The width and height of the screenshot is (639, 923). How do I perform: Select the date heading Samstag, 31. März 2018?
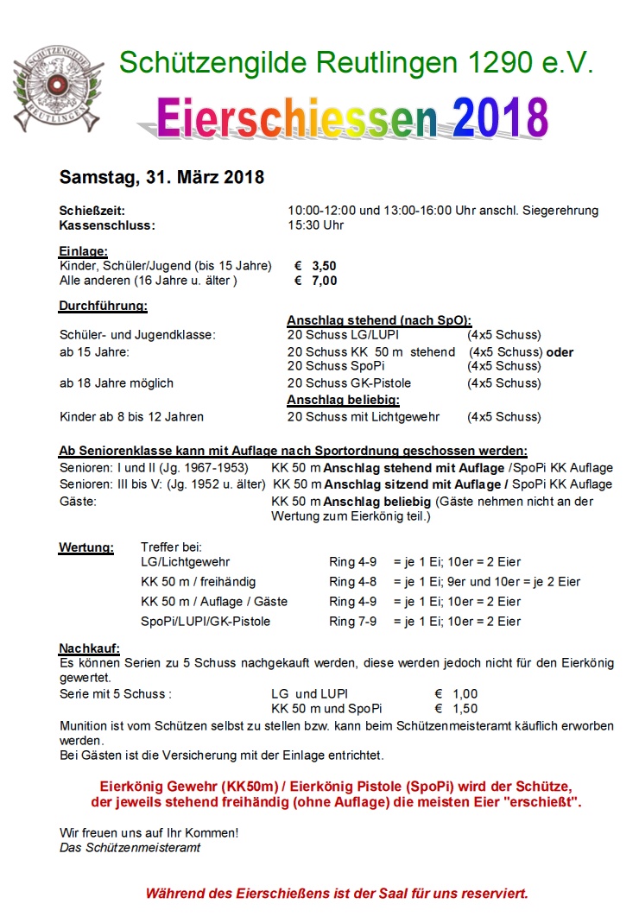tap(161, 178)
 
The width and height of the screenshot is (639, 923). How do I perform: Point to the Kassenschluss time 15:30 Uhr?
tap(316, 225)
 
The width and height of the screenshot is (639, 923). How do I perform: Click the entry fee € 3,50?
tap(316, 266)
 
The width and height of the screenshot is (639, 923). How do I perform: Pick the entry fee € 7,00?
tap(316, 281)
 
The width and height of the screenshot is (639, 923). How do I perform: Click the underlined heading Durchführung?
tap(103, 306)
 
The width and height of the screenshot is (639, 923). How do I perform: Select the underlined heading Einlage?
tap(83, 251)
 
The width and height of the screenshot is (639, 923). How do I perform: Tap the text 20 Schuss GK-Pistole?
tap(349, 383)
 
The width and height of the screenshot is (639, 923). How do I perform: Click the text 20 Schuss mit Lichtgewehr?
tap(364, 417)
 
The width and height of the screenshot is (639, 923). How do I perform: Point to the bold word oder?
tap(560, 352)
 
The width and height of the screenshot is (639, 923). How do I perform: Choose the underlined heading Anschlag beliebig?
tap(343, 401)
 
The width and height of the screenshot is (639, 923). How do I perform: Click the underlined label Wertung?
tap(85, 547)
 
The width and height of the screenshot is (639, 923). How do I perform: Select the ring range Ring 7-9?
tap(353, 622)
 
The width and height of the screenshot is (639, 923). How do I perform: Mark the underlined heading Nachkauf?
tap(89, 648)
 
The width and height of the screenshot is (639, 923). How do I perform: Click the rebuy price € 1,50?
tap(455, 709)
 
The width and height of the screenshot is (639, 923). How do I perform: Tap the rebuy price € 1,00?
tap(455, 694)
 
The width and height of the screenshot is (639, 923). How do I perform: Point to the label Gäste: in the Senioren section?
tap(78, 502)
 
